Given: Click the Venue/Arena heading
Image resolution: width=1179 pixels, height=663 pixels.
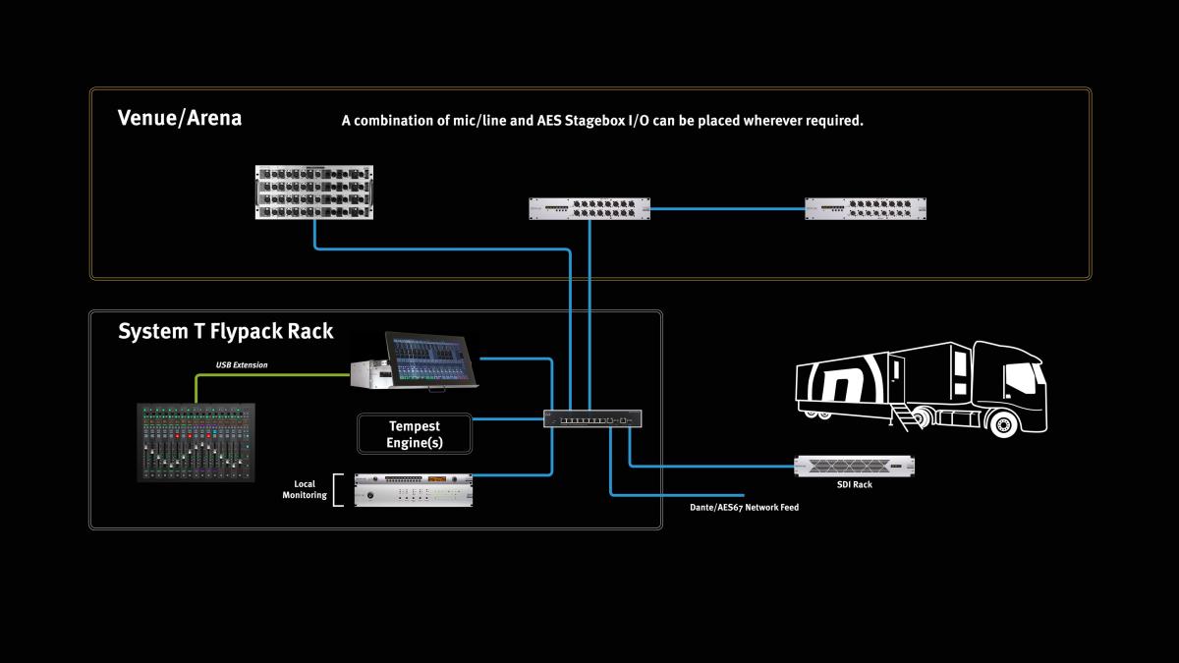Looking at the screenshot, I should (x=180, y=119).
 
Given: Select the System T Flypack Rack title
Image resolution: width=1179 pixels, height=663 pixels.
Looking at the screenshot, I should (x=225, y=331).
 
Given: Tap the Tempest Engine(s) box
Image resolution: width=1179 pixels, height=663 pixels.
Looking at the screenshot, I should (x=414, y=433).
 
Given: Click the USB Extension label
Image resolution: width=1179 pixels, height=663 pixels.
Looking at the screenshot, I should (x=242, y=365).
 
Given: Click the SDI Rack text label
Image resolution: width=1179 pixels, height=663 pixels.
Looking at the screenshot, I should (x=854, y=484).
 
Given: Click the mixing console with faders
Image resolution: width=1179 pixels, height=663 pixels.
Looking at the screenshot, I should (x=196, y=442).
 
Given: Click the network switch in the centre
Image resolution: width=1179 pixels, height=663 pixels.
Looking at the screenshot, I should (x=593, y=418).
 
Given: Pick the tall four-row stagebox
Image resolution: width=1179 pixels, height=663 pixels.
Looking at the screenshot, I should (x=315, y=192).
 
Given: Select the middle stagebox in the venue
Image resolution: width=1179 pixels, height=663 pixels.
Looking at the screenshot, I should (x=589, y=208).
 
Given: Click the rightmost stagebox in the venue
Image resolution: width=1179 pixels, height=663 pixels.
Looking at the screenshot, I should (x=866, y=208).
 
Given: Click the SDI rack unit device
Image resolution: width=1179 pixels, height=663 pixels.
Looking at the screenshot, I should (x=854, y=466).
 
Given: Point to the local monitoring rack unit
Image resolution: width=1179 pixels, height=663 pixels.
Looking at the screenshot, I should (x=414, y=489).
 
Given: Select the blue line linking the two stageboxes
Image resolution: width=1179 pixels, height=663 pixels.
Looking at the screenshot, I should (x=727, y=208).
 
